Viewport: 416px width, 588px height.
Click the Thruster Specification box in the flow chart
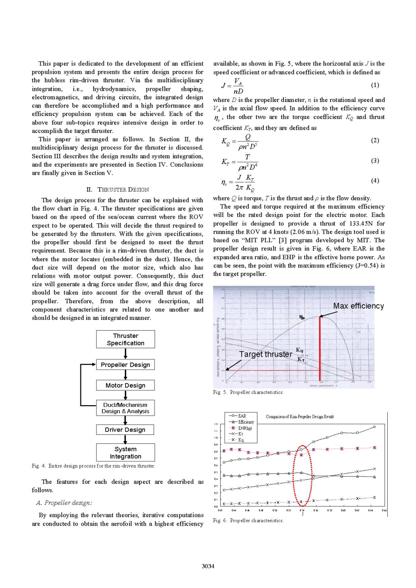point(125,339)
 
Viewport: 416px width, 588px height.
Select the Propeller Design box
point(125,365)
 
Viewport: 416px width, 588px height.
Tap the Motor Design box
point(125,385)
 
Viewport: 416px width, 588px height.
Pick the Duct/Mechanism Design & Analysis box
point(125,408)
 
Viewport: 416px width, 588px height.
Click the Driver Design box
point(125,430)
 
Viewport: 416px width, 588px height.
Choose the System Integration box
point(125,452)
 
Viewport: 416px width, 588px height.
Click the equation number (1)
point(375,85)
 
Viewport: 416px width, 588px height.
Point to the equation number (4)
point(375,181)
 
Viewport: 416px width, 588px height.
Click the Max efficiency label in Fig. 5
point(358,306)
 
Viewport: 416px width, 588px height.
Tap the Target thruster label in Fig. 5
point(266,354)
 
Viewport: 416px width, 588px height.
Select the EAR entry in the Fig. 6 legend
point(242,416)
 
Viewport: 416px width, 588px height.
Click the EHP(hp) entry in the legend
point(244,428)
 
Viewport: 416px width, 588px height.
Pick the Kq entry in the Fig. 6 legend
point(241,440)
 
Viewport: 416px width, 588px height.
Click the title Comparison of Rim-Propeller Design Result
point(300,417)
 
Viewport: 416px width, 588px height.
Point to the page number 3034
point(208,566)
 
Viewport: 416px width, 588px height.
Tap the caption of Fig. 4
point(93,466)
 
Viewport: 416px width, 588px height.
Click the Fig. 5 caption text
point(248,392)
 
